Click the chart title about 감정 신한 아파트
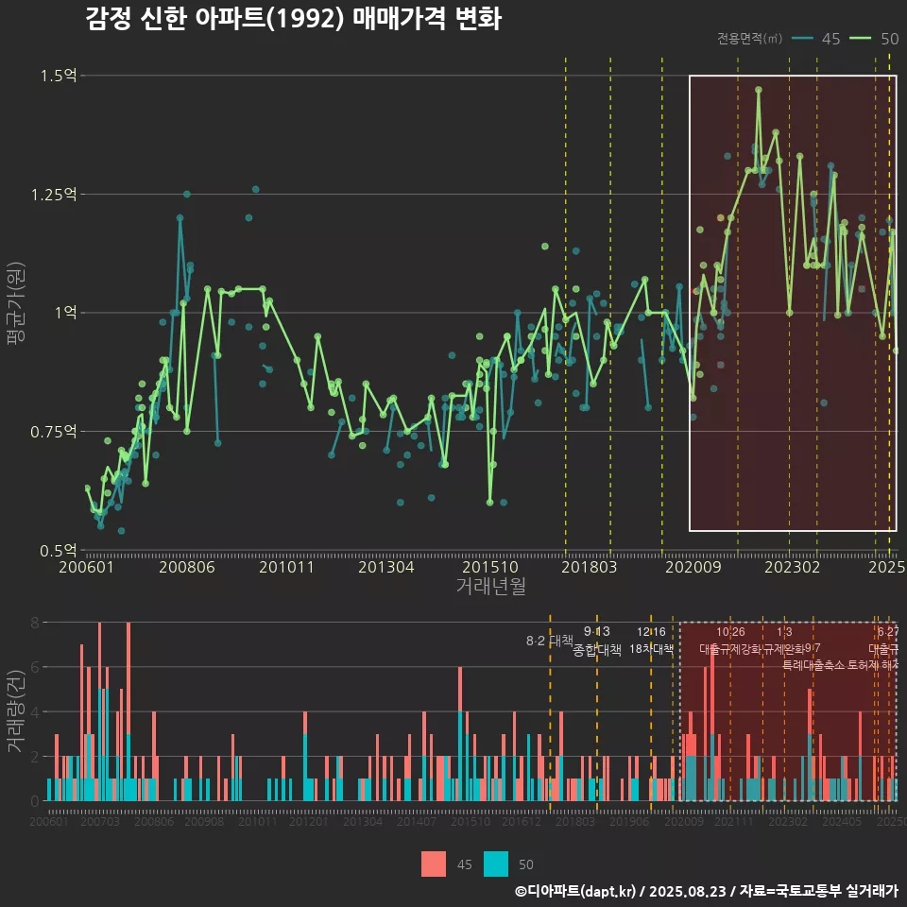coord(293,20)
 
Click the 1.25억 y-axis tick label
coord(55,195)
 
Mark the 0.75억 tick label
coord(55,432)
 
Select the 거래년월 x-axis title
coord(490,587)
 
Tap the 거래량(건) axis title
coord(16,710)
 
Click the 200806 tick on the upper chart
coord(186,568)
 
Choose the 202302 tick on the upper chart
coord(791,568)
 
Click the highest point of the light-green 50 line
coord(758,90)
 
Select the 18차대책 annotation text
coord(651,649)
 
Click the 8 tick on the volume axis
coord(34,623)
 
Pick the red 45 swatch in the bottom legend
coord(434,864)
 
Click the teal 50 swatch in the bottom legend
coord(496,864)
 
